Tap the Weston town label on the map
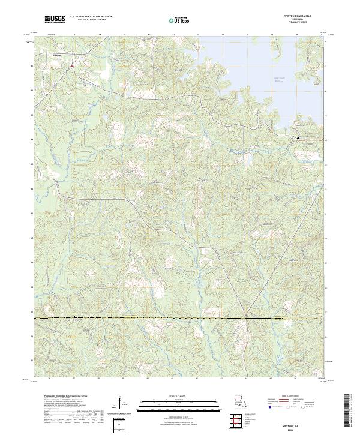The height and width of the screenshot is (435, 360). click(x=58, y=55)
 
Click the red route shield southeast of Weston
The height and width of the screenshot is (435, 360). click(x=72, y=64)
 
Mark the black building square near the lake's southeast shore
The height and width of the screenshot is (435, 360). click(x=298, y=139)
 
